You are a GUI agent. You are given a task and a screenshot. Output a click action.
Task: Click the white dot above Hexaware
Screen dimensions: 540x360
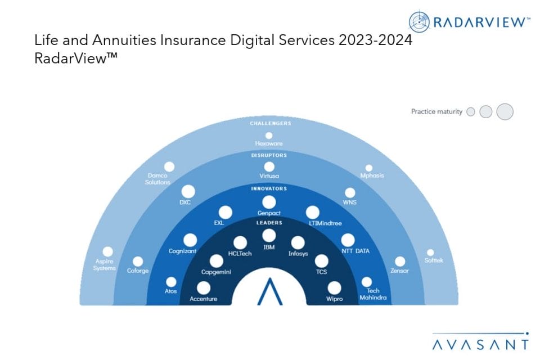point(269,136)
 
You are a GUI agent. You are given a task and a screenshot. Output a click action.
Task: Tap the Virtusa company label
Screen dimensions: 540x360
point(269,176)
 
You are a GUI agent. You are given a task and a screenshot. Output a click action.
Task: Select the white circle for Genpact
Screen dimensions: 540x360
point(269,202)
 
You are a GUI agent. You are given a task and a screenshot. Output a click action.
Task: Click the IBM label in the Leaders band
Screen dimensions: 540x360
point(269,247)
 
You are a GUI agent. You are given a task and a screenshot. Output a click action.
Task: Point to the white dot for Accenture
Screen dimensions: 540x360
point(204,288)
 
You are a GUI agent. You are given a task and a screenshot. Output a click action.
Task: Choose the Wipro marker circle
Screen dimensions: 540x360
point(334,288)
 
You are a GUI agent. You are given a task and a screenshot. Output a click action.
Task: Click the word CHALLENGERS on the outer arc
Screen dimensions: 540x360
point(271,123)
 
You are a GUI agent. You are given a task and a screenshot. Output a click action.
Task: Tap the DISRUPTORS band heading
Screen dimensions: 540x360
point(269,155)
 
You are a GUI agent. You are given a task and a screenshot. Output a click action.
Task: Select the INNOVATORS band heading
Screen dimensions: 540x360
point(269,189)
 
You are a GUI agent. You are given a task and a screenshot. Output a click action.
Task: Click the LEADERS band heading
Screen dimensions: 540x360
point(269,223)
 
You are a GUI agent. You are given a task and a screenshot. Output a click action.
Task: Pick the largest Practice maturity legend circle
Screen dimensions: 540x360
point(505,111)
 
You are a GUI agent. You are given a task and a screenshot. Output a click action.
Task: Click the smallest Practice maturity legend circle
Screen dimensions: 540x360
point(471,111)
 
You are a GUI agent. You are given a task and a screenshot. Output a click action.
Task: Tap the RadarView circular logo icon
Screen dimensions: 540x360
point(419,22)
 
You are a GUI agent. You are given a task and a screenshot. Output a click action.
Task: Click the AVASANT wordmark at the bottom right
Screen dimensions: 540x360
point(480,344)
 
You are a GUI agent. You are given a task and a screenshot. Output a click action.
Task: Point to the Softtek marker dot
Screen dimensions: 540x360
point(430,253)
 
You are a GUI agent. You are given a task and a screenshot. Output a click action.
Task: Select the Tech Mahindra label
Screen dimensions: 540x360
point(373,294)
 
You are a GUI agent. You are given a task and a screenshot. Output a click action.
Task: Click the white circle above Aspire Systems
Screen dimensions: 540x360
point(108,251)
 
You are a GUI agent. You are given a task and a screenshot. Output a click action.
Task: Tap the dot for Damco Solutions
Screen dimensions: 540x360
point(169,166)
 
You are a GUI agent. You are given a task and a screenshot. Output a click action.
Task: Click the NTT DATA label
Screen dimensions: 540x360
point(355,251)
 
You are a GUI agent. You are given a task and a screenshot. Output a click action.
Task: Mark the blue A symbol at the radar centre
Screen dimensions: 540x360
point(270,291)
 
